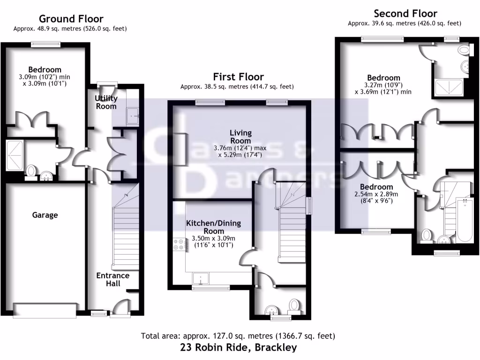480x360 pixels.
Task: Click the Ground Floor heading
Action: coord(71,19)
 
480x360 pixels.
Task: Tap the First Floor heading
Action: coord(238,76)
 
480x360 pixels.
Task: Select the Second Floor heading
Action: coord(405,14)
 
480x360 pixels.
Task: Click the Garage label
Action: coord(45,215)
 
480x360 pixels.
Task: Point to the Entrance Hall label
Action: coord(113,279)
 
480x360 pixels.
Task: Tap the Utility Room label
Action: coord(106,102)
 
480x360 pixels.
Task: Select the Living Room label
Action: coord(240,137)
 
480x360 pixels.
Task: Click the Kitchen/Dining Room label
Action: coord(213,227)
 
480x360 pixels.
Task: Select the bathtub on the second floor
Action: coord(465,220)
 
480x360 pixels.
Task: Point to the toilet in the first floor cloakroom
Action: coord(294,306)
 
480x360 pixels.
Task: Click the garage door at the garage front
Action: coord(45,310)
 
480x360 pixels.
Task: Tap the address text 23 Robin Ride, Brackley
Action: coord(238,347)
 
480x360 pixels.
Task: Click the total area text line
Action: coord(238,336)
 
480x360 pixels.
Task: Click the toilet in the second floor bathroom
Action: coord(427,235)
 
